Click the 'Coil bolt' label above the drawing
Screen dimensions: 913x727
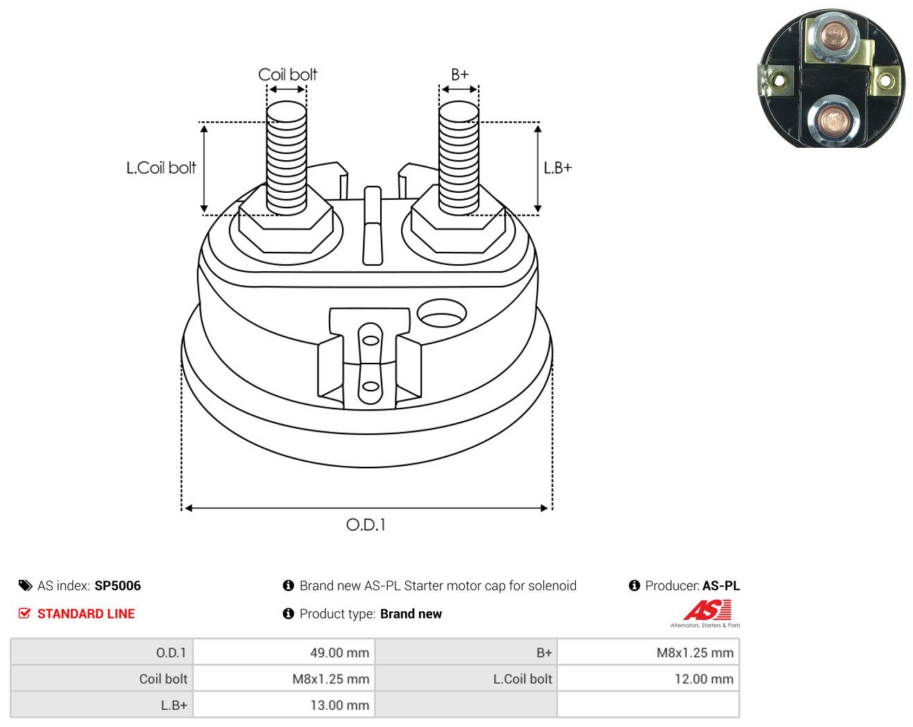(x=287, y=75)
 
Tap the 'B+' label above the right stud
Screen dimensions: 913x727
(x=460, y=75)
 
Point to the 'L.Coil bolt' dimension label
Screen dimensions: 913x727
(x=161, y=168)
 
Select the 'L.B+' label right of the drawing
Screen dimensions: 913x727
(x=558, y=168)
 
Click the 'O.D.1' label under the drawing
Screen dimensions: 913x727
(x=366, y=525)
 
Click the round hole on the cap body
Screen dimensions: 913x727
(x=442, y=313)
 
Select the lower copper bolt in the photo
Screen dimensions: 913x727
(x=833, y=121)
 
